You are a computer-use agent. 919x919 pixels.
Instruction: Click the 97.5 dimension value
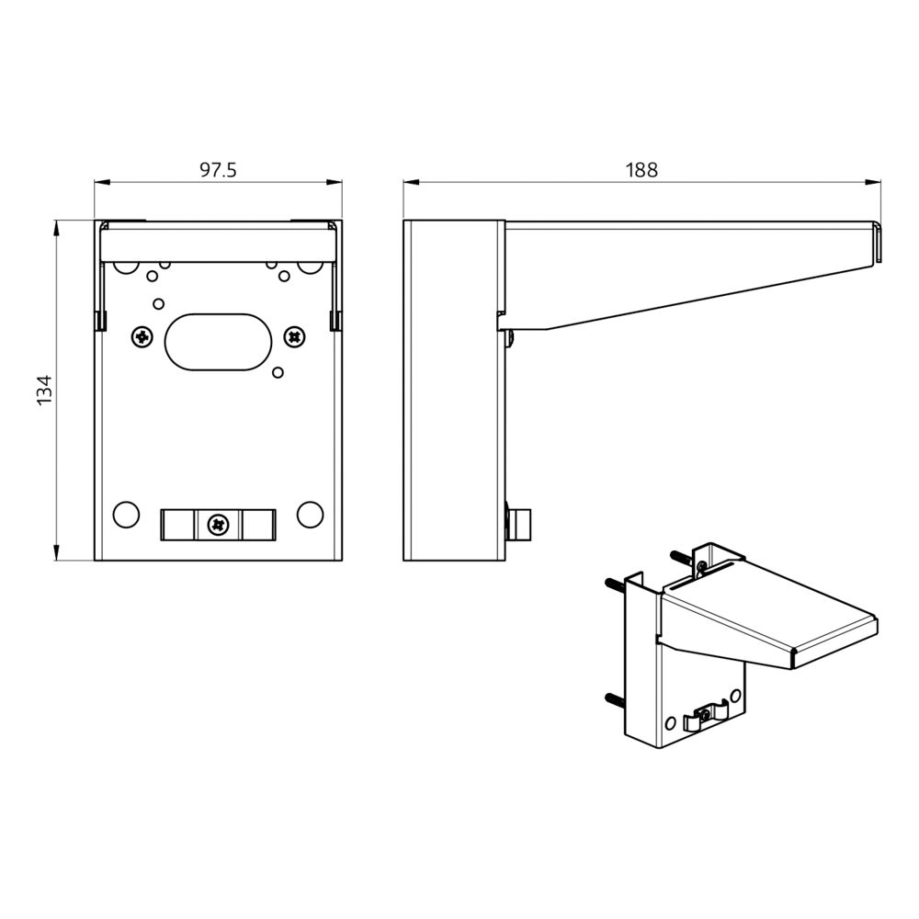(x=218, y=170)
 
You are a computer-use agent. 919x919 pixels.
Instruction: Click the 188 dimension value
(x=641, y=170)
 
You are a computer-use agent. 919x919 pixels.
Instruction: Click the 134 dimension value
(x=45, y=390)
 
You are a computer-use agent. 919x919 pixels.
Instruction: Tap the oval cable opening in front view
(x=218, y=342)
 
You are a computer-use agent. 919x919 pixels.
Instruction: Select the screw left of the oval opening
(x=142, y=337)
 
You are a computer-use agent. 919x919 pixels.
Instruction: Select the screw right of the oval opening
(x=294, y=336)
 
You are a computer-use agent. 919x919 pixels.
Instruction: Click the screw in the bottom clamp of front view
(x=218, y=525)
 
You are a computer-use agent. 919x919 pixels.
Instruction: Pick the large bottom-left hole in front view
(x=125, y=515)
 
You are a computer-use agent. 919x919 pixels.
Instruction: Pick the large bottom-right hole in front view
(x=310, y=514)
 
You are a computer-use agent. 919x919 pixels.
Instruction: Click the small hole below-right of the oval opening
(x=278, y=372)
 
